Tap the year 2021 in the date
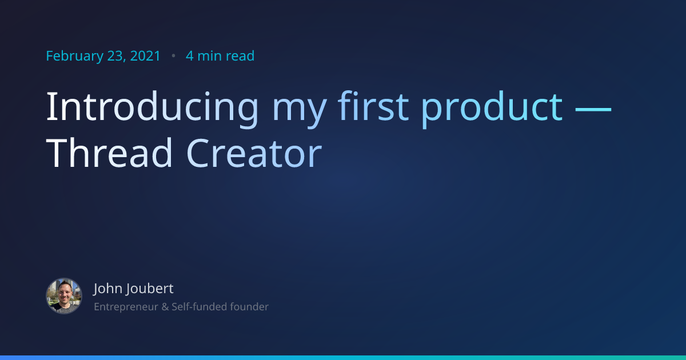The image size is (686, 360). tap(145, 56)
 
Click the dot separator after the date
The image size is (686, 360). tap(173, 56)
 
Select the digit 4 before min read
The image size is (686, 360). tap(189, 56)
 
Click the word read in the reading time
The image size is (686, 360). tap(240, 56)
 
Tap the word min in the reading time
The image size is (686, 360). tap(210, 56)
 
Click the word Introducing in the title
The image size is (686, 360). tap(152, 106)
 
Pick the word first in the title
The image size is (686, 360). tap(373, 106)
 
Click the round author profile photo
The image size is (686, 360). tap(64, 296)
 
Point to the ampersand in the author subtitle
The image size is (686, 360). tap(165, 307)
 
